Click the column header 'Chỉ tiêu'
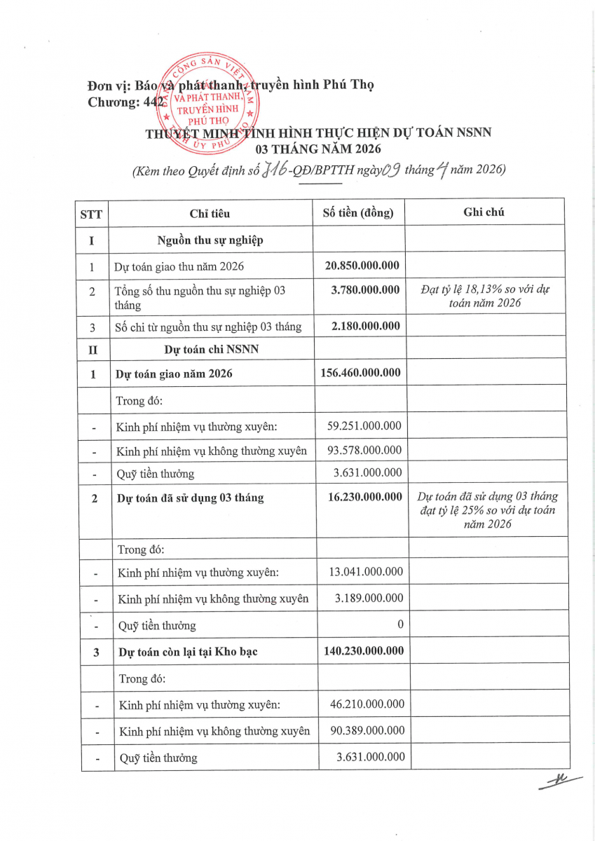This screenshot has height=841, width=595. tap(210, 213)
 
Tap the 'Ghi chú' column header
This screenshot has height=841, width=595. tap(484, 212)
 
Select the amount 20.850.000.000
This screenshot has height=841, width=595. tap(362, 266)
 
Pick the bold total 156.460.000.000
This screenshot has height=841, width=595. tap(360, 373)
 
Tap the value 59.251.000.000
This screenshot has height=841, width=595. tap(364, 425)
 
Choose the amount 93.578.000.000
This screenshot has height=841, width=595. tap(364, 450)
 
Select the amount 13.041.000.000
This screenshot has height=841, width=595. tap(366, 572)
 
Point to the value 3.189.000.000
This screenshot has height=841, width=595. tap(369, 598)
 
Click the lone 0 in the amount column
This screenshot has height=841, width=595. tap(400, 624)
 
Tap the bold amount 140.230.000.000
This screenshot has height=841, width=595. tap(363, 651)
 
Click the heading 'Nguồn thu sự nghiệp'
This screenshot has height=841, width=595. tap(210, 240)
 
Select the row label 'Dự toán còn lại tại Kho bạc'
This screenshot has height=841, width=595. tap(188, 652)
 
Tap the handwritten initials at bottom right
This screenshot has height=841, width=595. tap(559, 782)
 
